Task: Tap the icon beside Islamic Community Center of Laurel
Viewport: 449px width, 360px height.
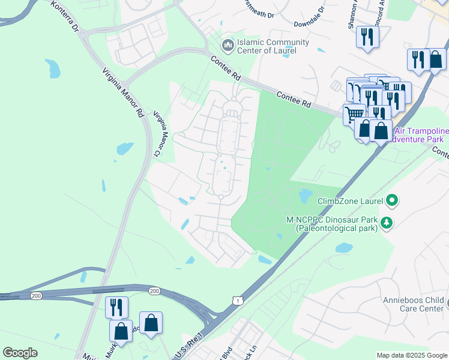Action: pyautogui.click(x=228, y=46)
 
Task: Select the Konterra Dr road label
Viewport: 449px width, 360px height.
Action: pyautogui.click(x=65, y=16)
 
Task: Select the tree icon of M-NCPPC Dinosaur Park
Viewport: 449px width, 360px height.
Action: pyautogui.click(x=387, y=223)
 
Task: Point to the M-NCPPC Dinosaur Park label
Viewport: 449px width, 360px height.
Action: pyautogui.click(x=332, y=223)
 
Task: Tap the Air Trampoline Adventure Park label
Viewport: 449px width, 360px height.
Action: pyautogui.click(x=418, y=135)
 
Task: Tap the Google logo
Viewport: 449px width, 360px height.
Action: pyautogui.click(x=20, y=352)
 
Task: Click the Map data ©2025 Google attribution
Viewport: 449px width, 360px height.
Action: pyautogui.click(x=411, y=355)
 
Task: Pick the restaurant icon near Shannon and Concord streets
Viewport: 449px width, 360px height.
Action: pyautogui.click(x=367, y=37)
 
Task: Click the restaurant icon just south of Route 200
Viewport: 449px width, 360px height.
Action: pyautogui.click(x=116, y=307)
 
